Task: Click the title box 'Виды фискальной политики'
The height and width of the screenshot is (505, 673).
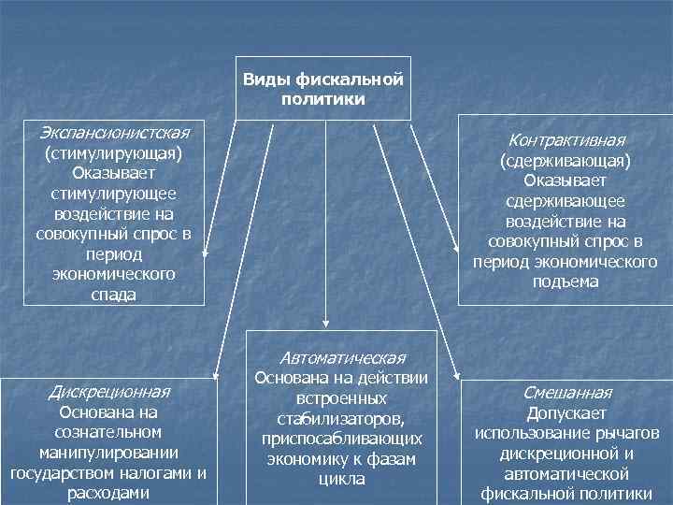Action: click(x=323, y=89)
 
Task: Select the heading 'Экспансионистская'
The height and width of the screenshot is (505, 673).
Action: click(x=115, y=132)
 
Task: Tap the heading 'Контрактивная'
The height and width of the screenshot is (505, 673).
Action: click(x=565, y=140)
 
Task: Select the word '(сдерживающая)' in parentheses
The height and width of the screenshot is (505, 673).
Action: click(x=565, y=161)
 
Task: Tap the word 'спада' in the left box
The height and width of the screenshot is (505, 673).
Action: click(x=115, y=295)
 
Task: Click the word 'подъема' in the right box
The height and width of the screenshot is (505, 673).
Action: click(x=565, y=281)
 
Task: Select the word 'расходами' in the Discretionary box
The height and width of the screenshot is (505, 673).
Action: click(x=108, y=493)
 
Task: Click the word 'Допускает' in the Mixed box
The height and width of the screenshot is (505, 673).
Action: click(x=566, y=412)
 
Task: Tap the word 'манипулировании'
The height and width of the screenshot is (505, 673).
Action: click(x=108, y=453)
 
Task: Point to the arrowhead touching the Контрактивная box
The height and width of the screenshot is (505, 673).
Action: click(x=454, y=245)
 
